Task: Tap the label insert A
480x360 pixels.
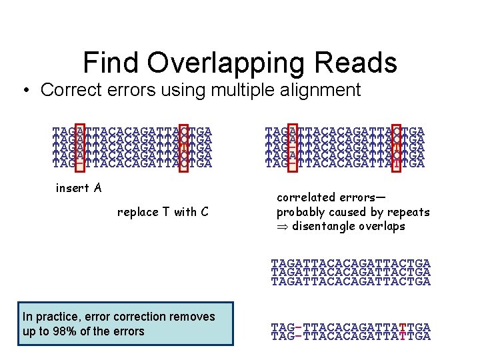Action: point(79,188)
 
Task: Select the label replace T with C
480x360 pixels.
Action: point(163,212)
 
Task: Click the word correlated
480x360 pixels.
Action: point(309,198)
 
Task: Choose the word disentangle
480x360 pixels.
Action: point(325,226)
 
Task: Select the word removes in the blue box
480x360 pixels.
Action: point(193,317)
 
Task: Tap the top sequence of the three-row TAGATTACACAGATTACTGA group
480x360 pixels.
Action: point(351,265)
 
